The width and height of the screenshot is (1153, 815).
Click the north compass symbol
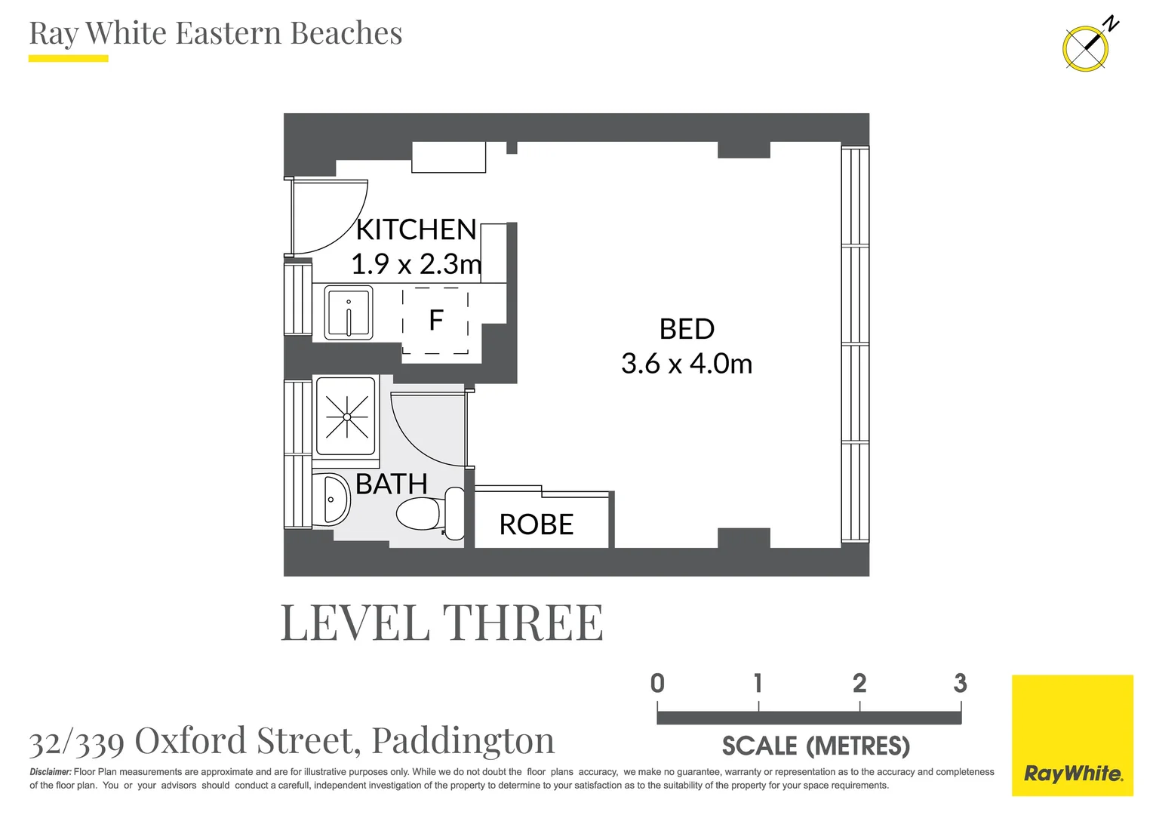click(x=1086, y=48)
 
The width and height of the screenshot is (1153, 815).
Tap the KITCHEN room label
click(x=416, y=229)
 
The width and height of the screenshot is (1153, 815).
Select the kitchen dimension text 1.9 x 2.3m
click(x=416, y=264)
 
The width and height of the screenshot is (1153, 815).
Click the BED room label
click(x=687, y=329)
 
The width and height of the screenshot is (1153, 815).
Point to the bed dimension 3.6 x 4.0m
click(x=687, y=364)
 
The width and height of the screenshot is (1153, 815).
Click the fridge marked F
click(x=435, y=321)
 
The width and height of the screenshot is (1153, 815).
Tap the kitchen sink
click(x=349, y=312)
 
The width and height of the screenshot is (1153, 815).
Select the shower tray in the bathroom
click(x=346, y=417)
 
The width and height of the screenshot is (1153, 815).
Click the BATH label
click(x=391, y=484)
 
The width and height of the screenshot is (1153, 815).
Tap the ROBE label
click(x=537, y=524)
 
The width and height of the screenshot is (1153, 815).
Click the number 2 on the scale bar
click(x=859, y=684)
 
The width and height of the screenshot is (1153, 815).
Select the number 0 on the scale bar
click(x=657, y=684)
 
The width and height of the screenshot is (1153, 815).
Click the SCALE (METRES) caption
click(x=816, y=746)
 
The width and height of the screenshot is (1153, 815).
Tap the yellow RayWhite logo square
click(x=1072, y=735)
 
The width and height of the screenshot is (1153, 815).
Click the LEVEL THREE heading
click(x=442, y=623)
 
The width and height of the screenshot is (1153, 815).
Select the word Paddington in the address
click(x=463, y=741)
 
